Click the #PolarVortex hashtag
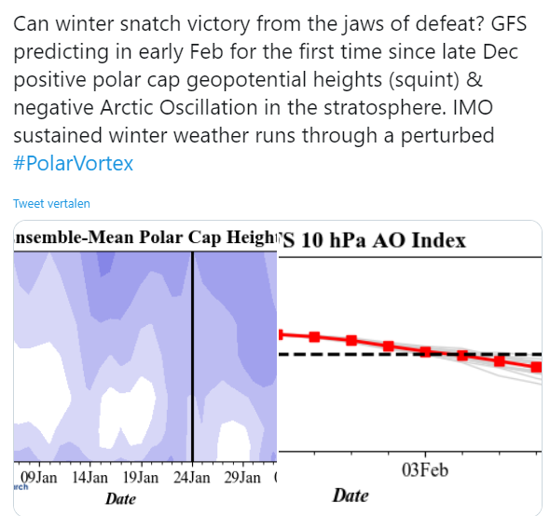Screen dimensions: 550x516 pos(74,163)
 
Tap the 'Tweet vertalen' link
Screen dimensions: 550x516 pos(51,204)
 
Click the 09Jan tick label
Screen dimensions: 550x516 pos(38,478)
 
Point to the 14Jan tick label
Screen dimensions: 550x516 pos(89,478)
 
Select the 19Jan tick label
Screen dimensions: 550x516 pos(141,478)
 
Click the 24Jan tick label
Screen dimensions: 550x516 pos(192,478)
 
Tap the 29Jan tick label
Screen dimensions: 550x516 pos(242,478)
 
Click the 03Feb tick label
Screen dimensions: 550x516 pos(425,470)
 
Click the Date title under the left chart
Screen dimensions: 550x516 pos(120,499)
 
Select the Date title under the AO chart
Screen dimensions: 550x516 pos(351,496)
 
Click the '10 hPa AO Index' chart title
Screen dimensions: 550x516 pos(383,240)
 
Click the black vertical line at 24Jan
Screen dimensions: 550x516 pos(192,356)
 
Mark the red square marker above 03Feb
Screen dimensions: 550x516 pos(425,352)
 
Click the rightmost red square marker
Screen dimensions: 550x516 pos(536,367)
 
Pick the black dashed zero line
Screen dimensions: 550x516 pos(410,354)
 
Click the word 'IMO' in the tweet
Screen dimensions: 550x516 pos(473,108)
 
